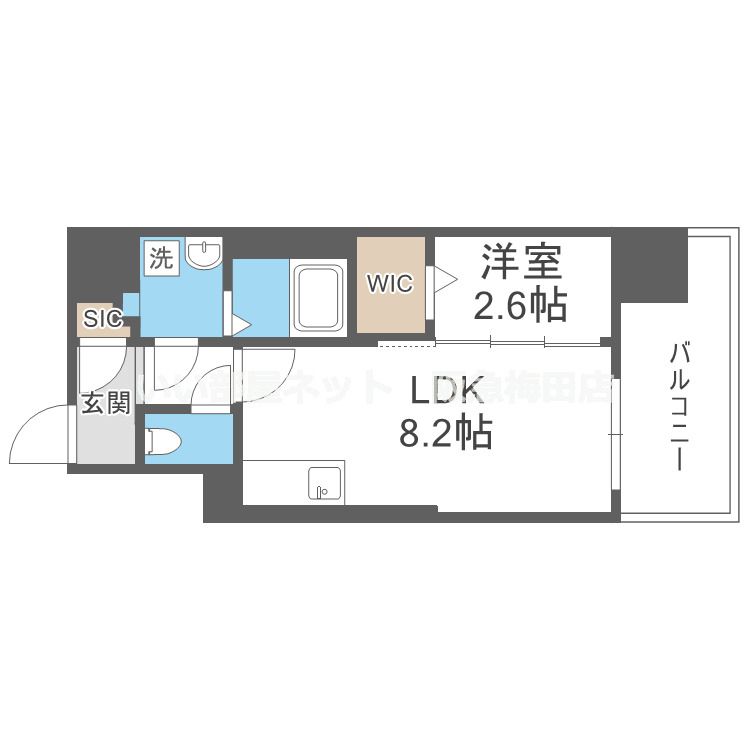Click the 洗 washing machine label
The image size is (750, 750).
[x=160, y=258]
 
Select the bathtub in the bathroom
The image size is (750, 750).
[x=317, y=297]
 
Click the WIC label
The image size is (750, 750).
[x=389, y=284]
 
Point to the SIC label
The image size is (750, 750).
[x=102, y=320]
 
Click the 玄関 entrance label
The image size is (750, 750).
[x=104, y=404]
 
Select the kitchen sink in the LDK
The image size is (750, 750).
[x=323, y=483]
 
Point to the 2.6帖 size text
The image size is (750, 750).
[x=523, y=304]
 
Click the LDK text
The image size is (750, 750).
[x=444, y=389]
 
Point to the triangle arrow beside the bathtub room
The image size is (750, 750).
[x=240, y=322]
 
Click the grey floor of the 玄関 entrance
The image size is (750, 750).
[x=103, y=440]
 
